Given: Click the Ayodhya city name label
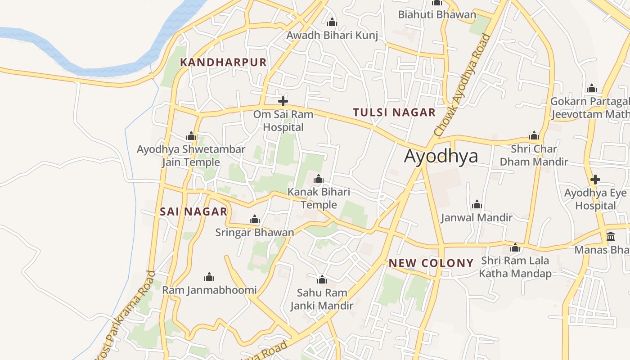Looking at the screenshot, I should (441, 156).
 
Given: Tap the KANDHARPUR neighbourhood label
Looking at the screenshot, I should (224, 63).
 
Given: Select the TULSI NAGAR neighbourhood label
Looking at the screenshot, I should (394, 112).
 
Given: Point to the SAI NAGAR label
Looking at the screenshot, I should (193, 211).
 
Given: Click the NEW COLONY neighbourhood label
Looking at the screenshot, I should (431, 263).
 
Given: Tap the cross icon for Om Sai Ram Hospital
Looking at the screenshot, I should (283, 101).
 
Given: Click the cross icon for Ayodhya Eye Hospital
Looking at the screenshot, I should (595, 180).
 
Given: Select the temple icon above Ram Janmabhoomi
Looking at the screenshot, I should (209, 277).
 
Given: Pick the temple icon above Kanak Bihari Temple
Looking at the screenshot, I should (319, 179).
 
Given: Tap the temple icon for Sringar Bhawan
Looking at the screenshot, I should (255, 220).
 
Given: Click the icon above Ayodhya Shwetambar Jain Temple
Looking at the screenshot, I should (191, 136).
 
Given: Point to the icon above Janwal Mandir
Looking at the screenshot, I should (477, 205).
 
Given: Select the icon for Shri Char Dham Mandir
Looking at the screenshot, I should (534, 136).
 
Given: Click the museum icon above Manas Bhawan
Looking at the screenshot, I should (611, 237).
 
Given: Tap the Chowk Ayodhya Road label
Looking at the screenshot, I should (462, 85).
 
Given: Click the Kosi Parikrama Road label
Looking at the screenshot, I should (124, 315).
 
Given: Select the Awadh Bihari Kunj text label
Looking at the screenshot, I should (332, 35).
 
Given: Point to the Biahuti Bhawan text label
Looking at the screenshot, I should (436, 14).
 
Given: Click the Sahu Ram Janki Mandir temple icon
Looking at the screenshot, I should (322, 280).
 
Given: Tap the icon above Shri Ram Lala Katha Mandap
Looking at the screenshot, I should (515, 248).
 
